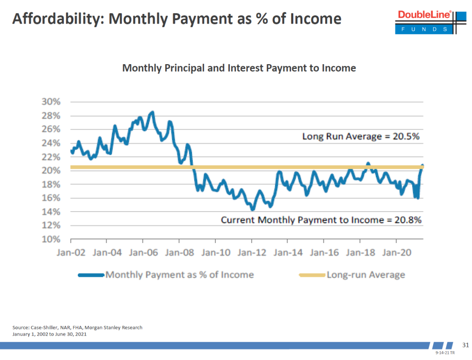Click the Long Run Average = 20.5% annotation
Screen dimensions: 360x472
[361, 137]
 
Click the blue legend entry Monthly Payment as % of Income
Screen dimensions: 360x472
[166, 275]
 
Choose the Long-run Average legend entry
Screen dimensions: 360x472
[352, 275]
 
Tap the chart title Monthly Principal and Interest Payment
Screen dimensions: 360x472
[239, 68]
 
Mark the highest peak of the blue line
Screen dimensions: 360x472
[152, 113]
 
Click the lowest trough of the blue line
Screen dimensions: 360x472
[252, 209]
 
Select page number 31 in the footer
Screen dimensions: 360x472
[465, 345]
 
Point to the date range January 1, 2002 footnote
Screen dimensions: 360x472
[49, 334]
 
